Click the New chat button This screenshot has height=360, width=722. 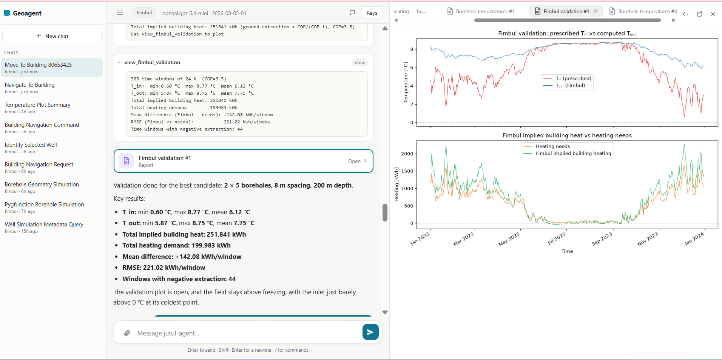(52, 36)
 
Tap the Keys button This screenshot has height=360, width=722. (372, 13)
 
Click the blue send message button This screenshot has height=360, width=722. (370, 332)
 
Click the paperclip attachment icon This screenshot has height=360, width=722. (127, 333)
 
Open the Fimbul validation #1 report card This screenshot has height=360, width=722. (244, 161)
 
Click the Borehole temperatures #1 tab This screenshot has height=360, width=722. (481, 11)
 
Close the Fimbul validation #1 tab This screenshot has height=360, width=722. (595, 11)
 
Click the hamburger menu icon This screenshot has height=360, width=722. (120, 13)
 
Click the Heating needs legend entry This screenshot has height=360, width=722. (553, 146)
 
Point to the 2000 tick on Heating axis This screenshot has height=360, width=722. (407, 154)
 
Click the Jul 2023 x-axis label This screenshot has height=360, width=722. (557, 238)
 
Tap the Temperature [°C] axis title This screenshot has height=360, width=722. (406, 82)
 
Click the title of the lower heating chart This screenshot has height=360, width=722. (567, 135)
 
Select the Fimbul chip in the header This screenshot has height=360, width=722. (144, 13)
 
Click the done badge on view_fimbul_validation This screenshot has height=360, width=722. (360, 63)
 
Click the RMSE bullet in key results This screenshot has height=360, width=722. (164, 268)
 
